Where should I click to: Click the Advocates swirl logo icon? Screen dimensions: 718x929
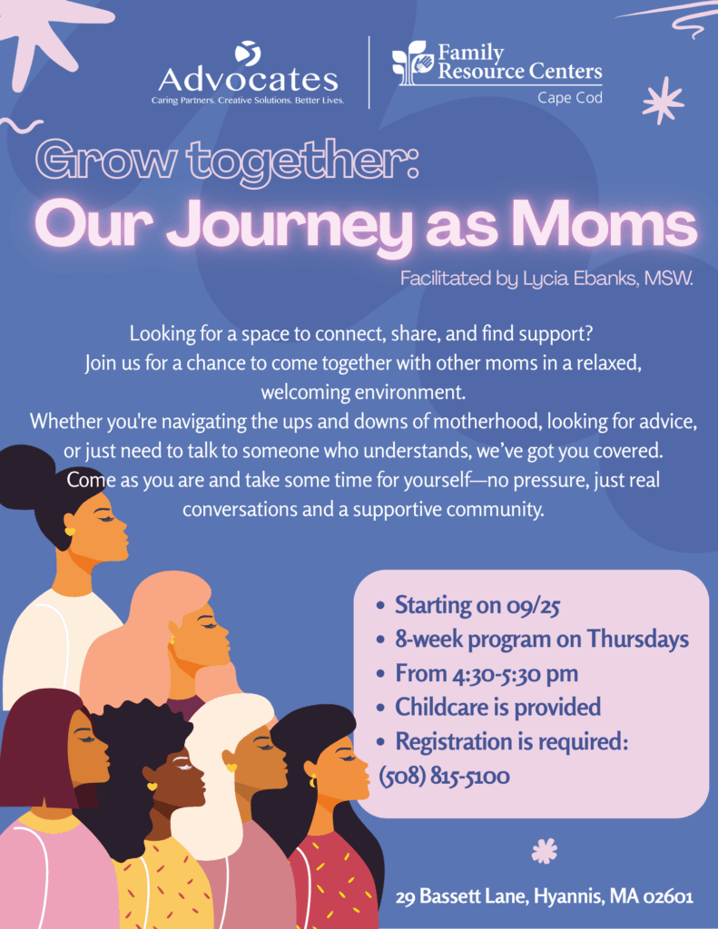point(248,53)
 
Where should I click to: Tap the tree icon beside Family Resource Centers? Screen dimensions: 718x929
point(410,63)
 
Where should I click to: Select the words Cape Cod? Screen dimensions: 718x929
point(570,98)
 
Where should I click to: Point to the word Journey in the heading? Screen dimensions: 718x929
point(289,229)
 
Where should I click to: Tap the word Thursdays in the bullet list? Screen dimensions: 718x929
point(638,639)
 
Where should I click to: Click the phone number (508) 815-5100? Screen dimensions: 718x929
point(444,776)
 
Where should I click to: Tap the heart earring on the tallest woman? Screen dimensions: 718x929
point(70,532)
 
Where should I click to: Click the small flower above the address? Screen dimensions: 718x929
point(545,851)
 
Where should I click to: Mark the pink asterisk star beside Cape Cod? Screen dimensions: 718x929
point(663,100)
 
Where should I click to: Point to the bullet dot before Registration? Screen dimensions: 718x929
point(381,743)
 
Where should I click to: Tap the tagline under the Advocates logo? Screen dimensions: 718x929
point(248,100)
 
